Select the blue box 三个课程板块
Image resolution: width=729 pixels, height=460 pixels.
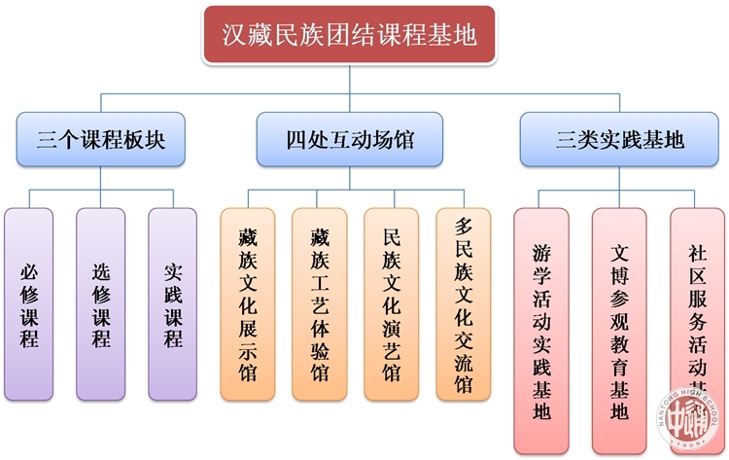point(100,139)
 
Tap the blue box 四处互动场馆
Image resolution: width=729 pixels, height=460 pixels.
point(350,139)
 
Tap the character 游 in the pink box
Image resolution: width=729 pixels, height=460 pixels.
point(542,252)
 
